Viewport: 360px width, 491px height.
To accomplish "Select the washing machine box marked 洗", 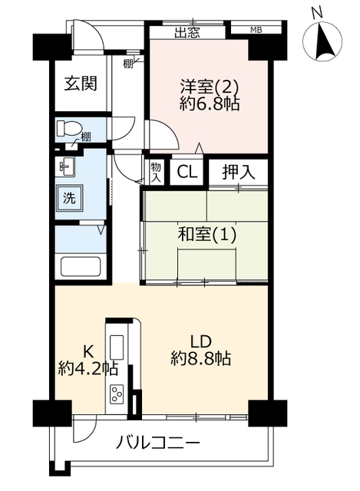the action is [69, 198].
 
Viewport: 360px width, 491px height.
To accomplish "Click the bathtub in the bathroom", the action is [81, 266].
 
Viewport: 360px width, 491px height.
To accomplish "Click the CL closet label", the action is [187, 172].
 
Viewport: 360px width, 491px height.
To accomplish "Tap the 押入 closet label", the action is [239, 172].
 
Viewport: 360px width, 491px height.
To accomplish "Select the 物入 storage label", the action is [156, 172].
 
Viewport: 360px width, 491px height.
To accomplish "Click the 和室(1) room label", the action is [206, 235].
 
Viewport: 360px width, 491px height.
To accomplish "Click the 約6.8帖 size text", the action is [210, 104].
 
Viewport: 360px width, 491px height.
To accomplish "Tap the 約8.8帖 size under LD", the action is [200, 358].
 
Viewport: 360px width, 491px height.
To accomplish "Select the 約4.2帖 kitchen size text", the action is [88, 368].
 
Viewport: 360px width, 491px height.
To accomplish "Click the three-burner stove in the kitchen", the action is [116, 394].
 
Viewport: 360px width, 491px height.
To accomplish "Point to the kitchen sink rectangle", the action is [116, 347].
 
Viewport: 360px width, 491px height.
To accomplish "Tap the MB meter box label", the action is [256, 30].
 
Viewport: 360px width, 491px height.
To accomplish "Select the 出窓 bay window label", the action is [187, 32].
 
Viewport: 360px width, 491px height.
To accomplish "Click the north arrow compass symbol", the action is [322, 41].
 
